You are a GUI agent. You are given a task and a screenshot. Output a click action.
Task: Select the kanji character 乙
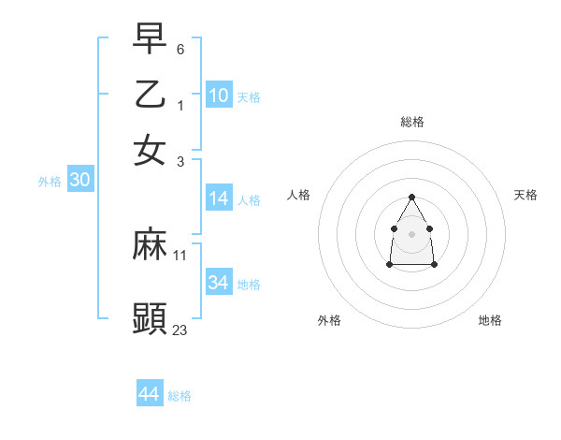(x=151, y=94)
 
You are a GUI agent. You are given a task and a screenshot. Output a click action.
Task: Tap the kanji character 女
(x=151, y=150)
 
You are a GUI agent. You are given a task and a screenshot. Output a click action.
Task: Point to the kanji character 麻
(x=151, y=244)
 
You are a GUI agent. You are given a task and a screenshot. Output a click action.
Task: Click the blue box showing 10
(x=219, y=95)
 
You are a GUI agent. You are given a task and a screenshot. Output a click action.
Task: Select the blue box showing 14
(x=219, y=198)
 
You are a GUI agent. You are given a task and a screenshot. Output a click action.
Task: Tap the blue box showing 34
(x=219, y=283)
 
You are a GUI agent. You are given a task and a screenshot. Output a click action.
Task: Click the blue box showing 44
(x=150, y=394)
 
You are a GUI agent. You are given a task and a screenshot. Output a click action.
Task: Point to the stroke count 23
(x=180, y=330)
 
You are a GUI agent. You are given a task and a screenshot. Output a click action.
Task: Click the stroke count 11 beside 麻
(x=180, y=255)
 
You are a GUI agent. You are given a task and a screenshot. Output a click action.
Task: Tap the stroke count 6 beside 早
(x=180, y=48)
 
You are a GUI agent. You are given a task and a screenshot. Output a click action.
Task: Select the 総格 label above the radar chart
(x=411, y=122)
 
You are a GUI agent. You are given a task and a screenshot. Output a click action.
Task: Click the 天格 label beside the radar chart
(x=525, y=195)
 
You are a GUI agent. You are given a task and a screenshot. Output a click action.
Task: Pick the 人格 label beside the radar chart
(x=299, y=195)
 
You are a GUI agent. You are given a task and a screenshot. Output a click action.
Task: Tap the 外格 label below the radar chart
(x=329, y=320)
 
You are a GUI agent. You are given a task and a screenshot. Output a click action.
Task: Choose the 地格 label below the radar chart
(x=490, y=320)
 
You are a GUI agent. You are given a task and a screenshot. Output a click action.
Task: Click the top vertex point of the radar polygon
(x=411, y=197)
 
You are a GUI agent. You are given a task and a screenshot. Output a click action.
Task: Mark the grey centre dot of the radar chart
(x=411, y=233)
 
